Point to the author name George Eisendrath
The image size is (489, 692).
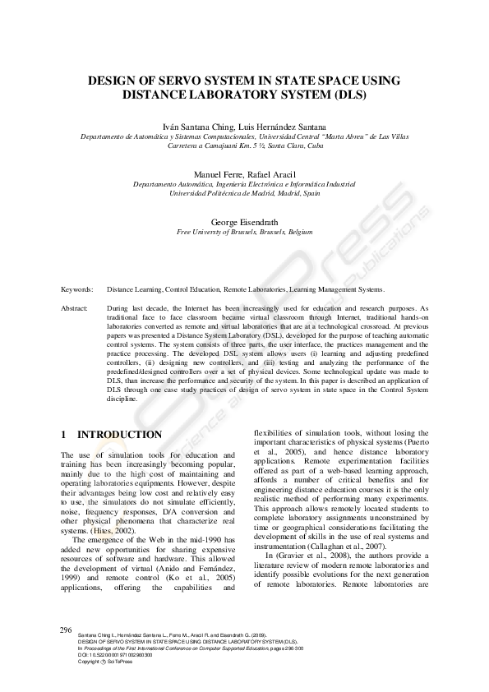coord(244,223)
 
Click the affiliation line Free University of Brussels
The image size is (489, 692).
coord(244,233)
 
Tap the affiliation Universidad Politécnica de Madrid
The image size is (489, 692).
coord(244,194)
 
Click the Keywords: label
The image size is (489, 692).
coord(77,289)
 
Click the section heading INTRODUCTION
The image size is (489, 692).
coord(119,434)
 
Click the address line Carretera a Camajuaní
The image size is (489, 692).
coord(244,146)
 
